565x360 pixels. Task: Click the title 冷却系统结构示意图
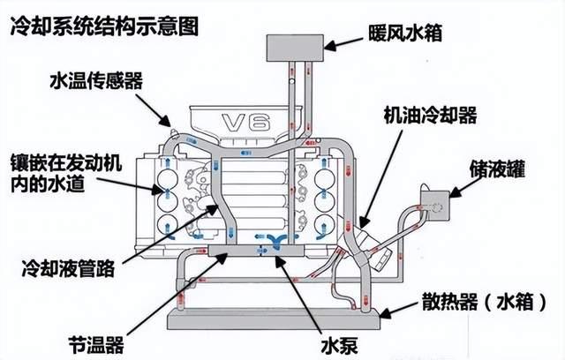(103, 24)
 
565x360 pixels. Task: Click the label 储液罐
(511, 165)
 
